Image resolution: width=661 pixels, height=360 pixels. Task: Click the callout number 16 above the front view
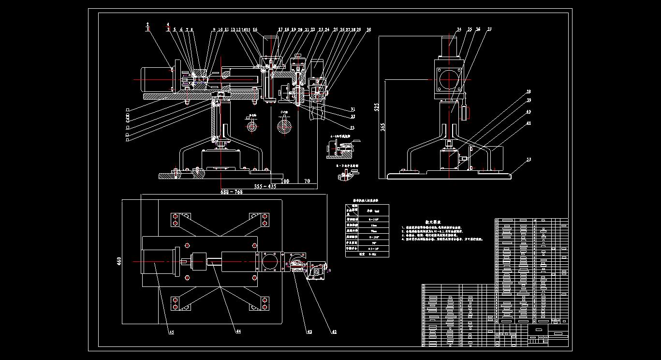[x=255, y=30]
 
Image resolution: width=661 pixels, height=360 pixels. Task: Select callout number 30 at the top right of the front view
[x=369, y=30]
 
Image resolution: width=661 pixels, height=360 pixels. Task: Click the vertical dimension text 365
[x=382, y=127]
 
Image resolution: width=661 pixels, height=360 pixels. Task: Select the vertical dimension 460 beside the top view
[x=119, y=261]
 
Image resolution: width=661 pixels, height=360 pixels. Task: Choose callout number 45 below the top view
[x=171, y=332]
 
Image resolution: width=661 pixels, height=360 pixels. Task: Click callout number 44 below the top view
[x=238, y=331]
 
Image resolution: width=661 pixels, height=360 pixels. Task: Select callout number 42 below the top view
[x=334, y=332]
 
